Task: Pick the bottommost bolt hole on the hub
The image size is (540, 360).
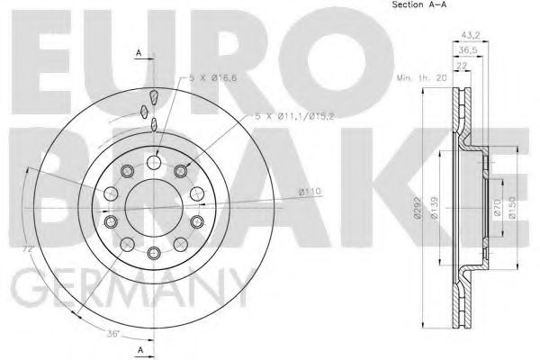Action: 154,253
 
